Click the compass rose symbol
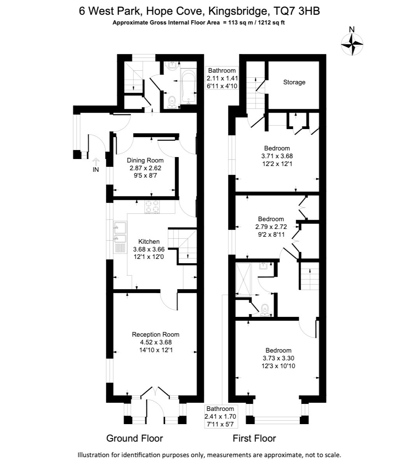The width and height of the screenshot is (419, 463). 352,45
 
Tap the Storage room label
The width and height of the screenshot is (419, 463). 294,82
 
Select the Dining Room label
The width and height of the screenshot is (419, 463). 145,160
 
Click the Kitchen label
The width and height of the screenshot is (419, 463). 149,241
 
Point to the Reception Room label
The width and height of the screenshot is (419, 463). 156,335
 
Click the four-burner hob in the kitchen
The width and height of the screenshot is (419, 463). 152,206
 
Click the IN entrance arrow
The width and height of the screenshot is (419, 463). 96,162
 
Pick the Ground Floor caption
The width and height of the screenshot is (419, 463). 135,438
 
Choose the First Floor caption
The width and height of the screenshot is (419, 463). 254,438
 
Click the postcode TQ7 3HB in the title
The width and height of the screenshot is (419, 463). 297,11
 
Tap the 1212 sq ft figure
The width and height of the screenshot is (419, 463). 271,23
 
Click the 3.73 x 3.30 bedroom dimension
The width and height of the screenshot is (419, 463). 278,358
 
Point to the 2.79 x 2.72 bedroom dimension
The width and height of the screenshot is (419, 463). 271,227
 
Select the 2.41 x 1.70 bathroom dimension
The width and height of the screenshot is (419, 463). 220,417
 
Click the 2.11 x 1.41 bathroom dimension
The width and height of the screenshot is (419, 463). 222,78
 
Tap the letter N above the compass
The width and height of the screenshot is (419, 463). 352,30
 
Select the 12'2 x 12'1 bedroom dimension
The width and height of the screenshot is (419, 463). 277,164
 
